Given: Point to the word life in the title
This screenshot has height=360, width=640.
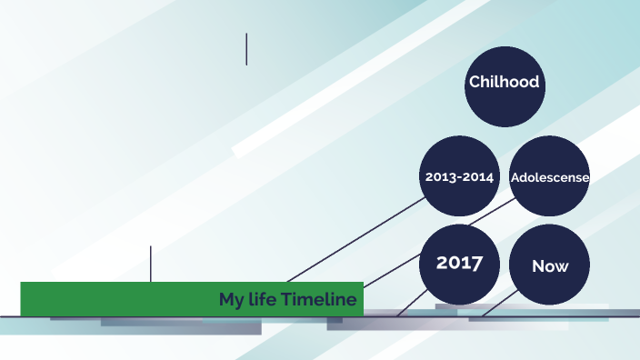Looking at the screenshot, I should (265, 299).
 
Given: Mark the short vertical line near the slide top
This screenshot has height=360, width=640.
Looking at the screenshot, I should (246, 49).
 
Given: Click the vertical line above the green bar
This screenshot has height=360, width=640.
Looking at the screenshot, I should (151, 263).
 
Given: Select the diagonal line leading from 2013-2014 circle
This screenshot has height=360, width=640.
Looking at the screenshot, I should (355, 240).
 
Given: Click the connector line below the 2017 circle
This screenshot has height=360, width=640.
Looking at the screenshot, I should (411, 303).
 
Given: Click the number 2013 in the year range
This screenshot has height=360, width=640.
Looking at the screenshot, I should (441, 176).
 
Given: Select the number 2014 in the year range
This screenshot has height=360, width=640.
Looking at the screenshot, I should (478, 176).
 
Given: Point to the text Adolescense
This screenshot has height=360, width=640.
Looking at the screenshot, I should (550, 177).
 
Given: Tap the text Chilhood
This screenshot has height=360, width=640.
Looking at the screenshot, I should (504, 82).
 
